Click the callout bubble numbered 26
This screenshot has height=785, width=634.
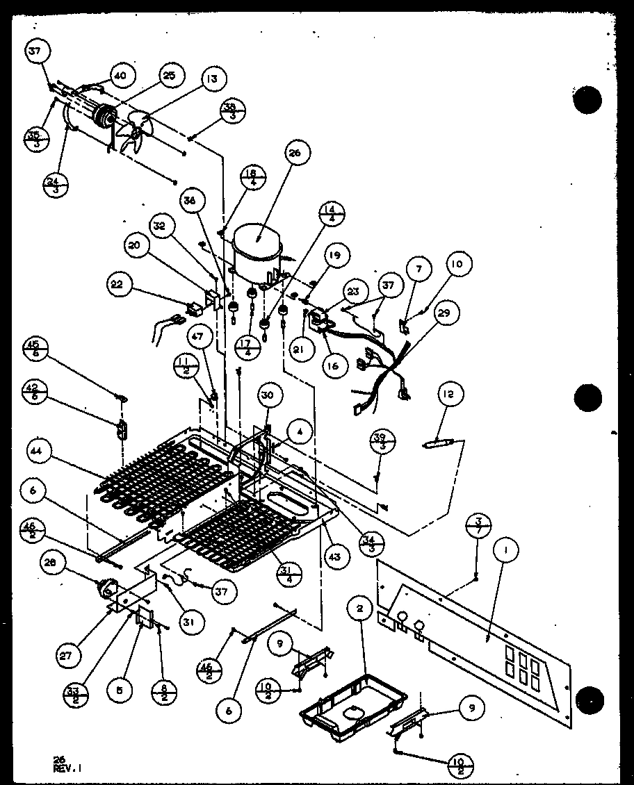[x=295, y=154]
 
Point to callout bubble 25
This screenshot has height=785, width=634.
[x=169, y=75]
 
